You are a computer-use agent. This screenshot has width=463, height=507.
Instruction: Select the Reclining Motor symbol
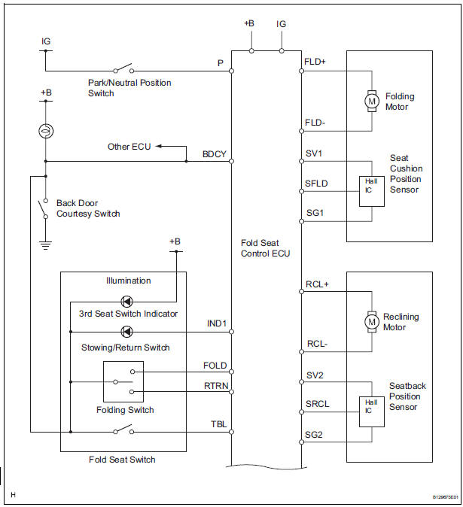(371, 322)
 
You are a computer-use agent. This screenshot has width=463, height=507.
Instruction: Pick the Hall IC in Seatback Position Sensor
(371, 407)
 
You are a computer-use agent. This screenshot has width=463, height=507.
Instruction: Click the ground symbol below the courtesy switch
(45, 243)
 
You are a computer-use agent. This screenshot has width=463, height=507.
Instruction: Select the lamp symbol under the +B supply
(45, 131)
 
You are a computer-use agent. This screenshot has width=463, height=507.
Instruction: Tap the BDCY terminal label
(214, 153)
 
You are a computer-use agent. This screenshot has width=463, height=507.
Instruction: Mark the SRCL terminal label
(317, 404)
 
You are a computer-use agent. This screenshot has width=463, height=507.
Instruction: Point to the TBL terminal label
(218, 424)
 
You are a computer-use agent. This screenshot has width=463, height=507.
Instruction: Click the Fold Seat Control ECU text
(265, 248)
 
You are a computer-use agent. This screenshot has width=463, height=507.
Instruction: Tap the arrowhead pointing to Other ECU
(160, 147)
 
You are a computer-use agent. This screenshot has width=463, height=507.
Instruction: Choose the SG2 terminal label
(315, 435)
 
